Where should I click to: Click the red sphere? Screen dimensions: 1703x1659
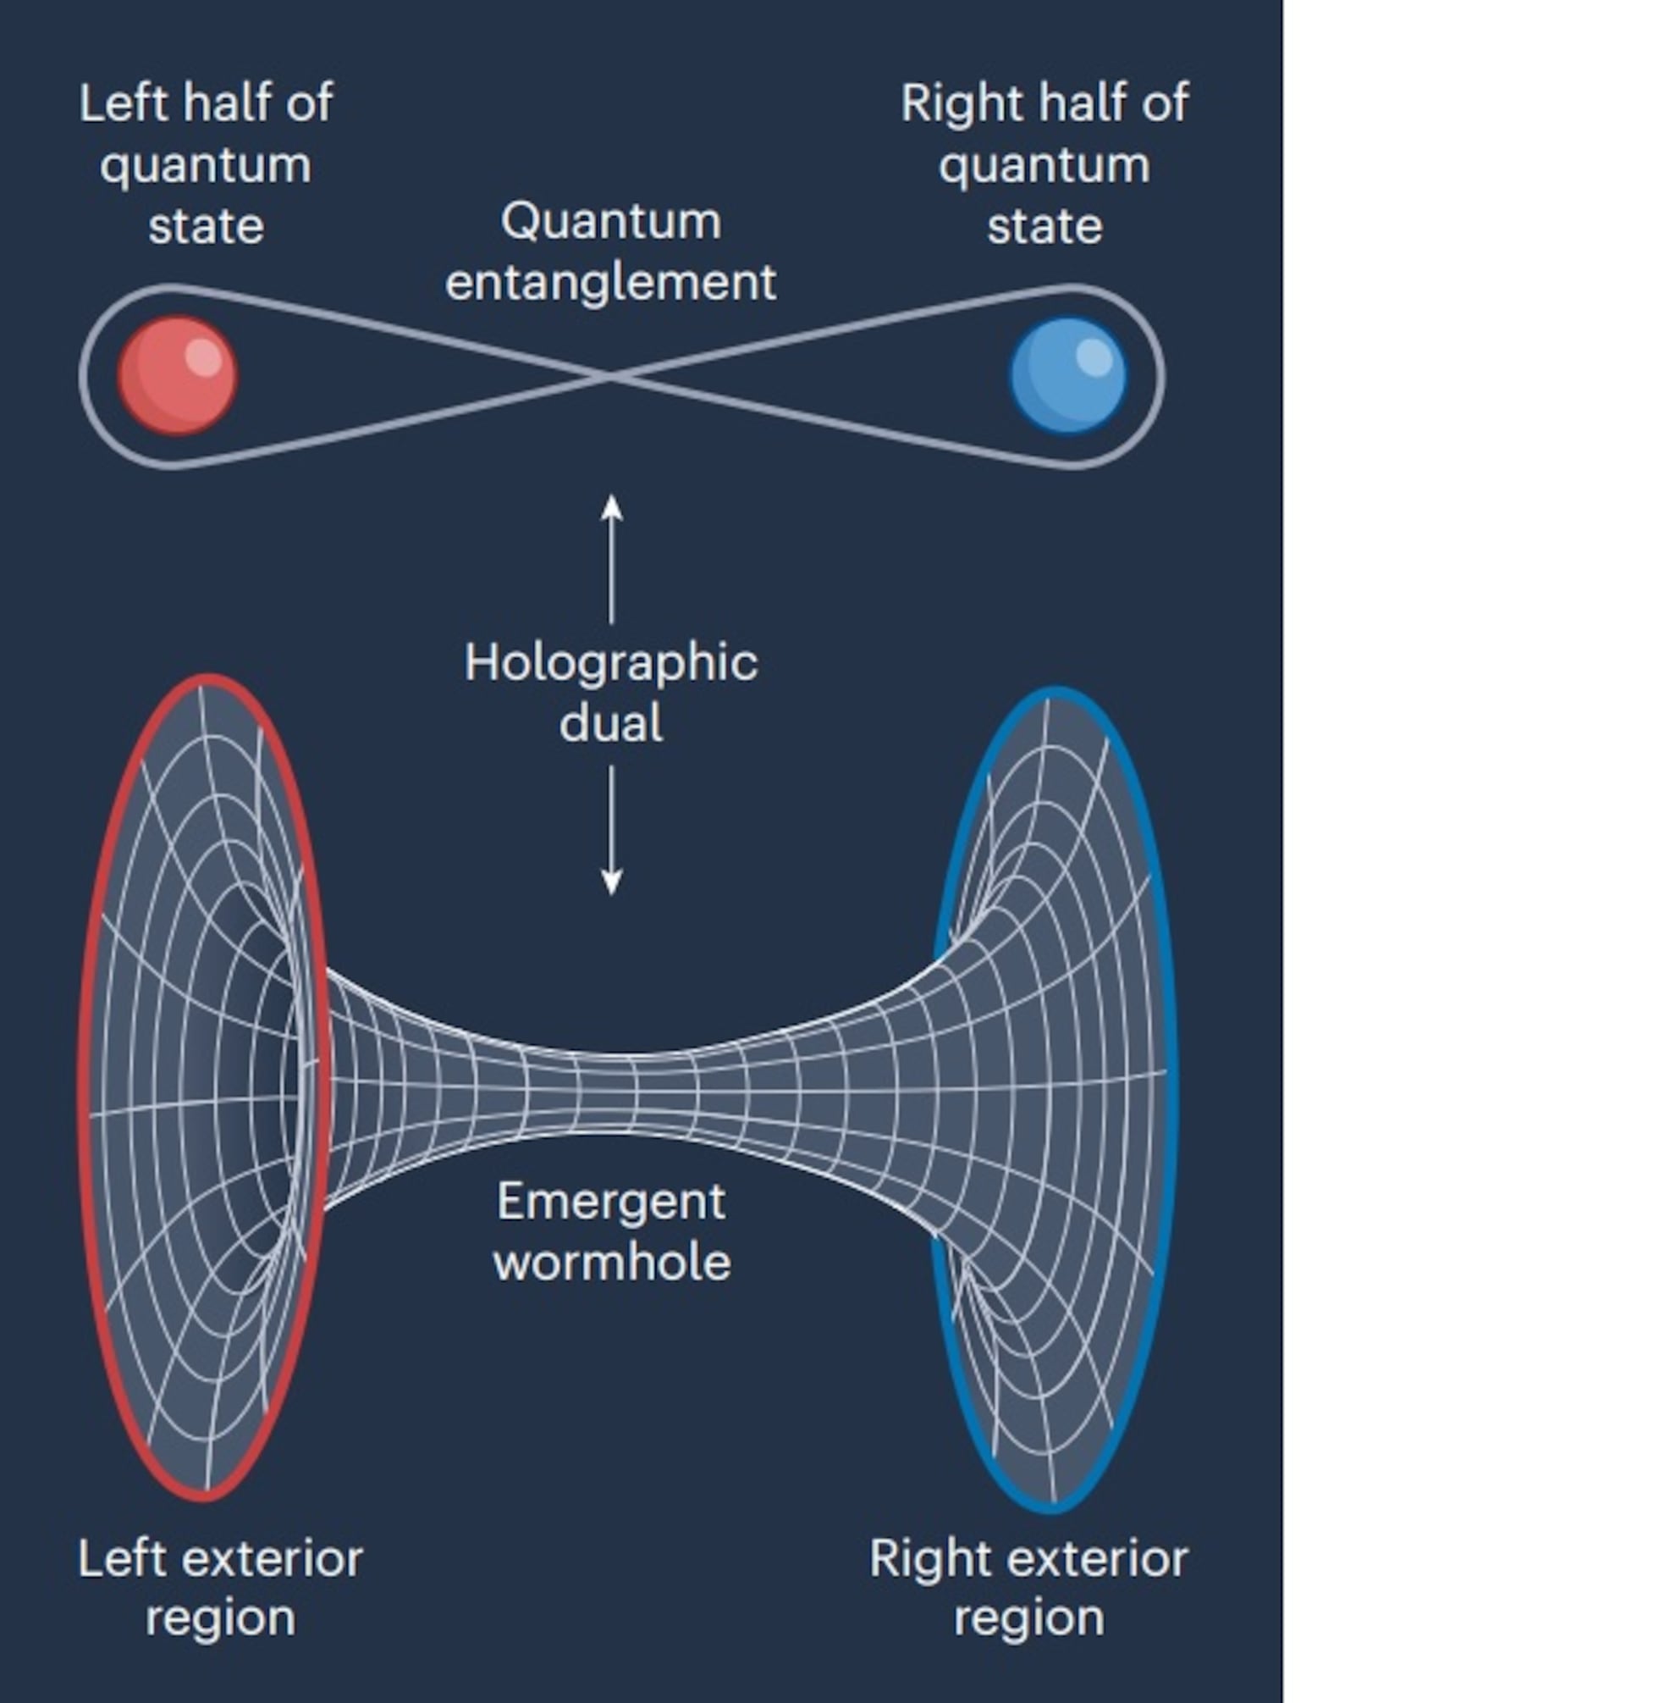[x=177, y=376]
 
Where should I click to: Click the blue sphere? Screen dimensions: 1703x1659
[x=1068, y=376]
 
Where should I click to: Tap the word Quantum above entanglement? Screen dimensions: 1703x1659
[x=611, y=222]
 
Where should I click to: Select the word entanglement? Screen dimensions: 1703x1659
[x=611, y=282]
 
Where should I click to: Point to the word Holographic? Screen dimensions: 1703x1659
[x=611, y=664]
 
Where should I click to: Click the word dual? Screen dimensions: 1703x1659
[x=611, y=723]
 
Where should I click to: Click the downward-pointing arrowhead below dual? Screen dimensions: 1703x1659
[x=612, y=883]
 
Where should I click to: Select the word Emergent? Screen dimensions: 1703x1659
[x=611, y=1203]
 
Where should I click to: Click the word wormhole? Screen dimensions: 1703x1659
[x=612, y=1263]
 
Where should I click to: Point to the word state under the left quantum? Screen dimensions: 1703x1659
[x=206, y=227]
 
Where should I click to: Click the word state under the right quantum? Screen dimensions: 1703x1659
[x=1044, y=227]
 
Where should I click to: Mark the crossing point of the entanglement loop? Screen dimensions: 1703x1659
[x=611, y=377]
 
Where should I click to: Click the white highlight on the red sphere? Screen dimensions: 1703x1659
[x=204, y=357]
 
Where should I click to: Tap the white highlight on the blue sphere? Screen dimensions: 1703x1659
[x=1094, y=357]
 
